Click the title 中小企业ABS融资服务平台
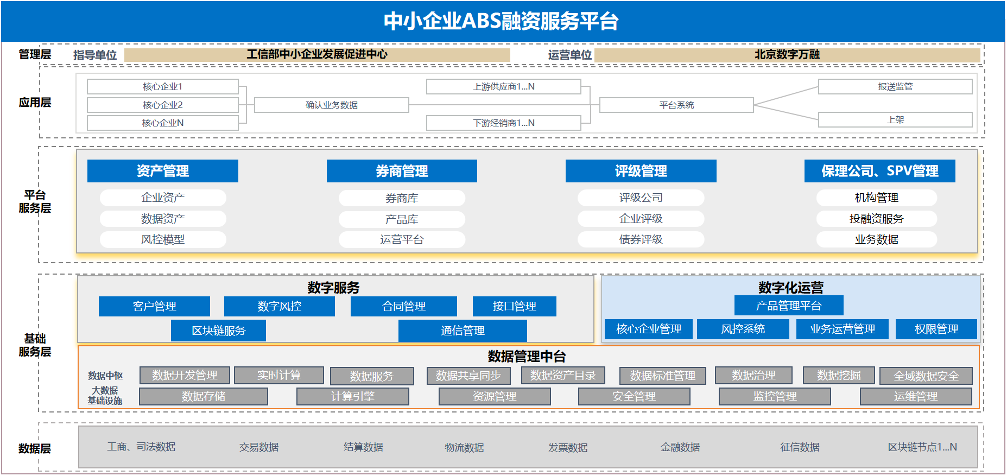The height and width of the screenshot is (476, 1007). click(501, 21)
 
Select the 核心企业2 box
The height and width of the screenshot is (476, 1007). click(163, 105)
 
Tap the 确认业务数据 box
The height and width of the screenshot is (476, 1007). click(332, 105)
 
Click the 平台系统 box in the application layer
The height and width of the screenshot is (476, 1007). click(676, 105)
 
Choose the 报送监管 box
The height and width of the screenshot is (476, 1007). click(895, 86)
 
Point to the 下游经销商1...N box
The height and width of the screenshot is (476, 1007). click(504, 123)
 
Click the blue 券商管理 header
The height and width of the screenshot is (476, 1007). click(402, 171)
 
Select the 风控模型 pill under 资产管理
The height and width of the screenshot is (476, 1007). click(163, 239)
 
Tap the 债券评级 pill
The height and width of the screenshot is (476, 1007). click(641, 239)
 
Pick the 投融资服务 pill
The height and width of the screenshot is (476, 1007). click(877, 219)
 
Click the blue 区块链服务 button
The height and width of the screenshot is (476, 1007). click(218, 331)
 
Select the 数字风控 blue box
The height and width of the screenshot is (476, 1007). click(280, 306)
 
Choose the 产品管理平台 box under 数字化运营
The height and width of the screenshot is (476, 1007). click(789, 306)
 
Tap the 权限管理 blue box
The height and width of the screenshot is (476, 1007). click(936, 329)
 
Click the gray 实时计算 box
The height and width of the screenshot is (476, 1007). click(279, 375)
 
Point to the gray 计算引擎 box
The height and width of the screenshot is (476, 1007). click(353, 396)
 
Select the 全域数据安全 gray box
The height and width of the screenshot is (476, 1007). click(926, 376)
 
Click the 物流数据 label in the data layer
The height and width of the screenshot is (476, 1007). click(464, 447)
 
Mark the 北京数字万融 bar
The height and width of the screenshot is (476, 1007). click(787, 54)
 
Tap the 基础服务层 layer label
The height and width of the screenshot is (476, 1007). click(35, 345)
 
